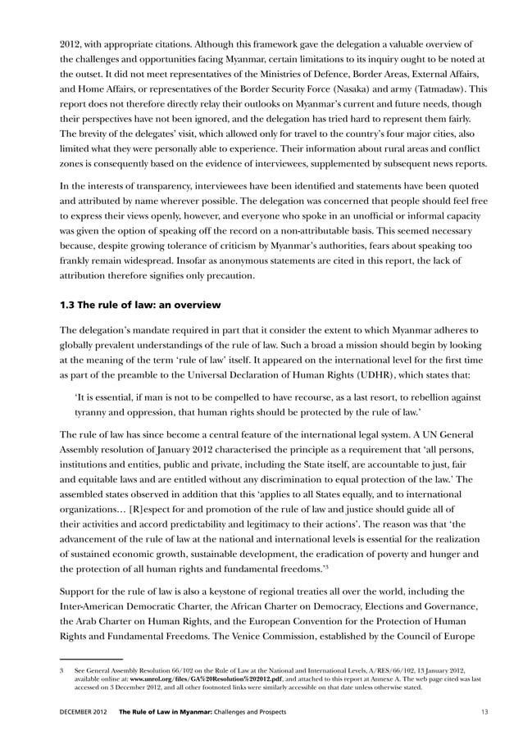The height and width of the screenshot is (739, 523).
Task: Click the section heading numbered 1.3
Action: click(140, 306)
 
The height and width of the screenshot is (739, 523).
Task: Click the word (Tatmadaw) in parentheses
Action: click(431, 91)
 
